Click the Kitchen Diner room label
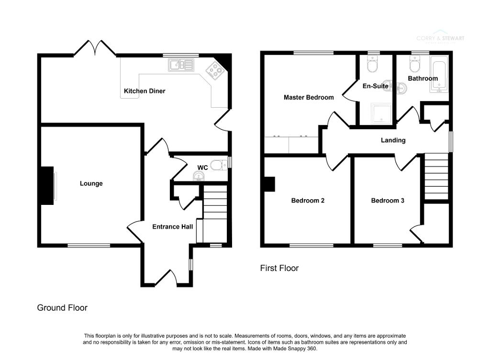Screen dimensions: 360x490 tap(145, 91)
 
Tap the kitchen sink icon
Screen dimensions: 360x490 tap(180, 65)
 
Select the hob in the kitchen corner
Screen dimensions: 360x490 tap(214, 71)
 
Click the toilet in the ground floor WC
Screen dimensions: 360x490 tap(219, 166)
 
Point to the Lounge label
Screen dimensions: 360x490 tap(91, 183)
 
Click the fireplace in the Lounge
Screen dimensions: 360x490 tap(47, 185)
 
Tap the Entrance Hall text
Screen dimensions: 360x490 tap(172, 226)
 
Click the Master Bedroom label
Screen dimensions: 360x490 tap(309, 97)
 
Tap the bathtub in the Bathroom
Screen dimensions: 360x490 tap(438, 74)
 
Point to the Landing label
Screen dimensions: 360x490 tap(393, 140)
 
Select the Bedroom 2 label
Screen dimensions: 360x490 tap(308, 201)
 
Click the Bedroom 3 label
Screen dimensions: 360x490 tap(388, 201)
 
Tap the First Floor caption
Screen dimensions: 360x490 tap(279, 268)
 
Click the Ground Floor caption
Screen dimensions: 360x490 tap(62, 308)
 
